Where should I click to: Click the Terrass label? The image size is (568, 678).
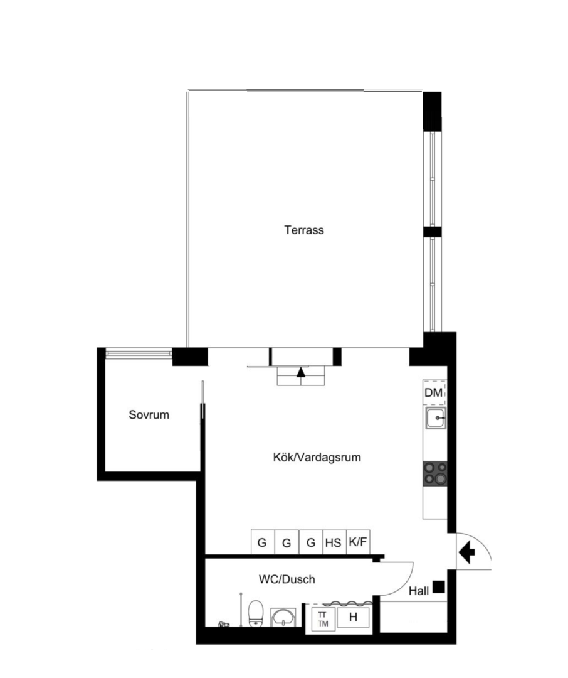pos(304,230)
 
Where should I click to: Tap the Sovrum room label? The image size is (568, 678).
pos(149,415)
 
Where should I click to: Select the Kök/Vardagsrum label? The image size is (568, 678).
pos(317,457)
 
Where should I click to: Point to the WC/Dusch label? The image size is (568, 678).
pos(287,579)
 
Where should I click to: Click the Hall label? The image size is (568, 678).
pos(419,591)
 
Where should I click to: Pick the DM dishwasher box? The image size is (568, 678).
pos(434,392)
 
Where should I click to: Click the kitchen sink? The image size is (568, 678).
pos(436,418)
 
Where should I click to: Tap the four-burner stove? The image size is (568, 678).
pos(435,473)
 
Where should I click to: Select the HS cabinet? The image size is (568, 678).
pos(334,542)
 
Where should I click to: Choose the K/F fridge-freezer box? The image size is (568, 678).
pos(358,542)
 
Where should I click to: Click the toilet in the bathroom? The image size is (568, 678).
pos(256,613)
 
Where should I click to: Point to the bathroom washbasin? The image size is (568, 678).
pos(283,617)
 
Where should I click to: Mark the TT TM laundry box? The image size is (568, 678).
pos(323,619)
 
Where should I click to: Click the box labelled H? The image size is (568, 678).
pos(354,618)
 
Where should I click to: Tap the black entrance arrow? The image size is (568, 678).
pos(467,552)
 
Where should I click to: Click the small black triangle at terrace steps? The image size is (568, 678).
pos(301,372)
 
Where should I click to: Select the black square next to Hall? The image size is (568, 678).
pos(439,586)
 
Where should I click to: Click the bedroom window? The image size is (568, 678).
pos(139,353)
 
